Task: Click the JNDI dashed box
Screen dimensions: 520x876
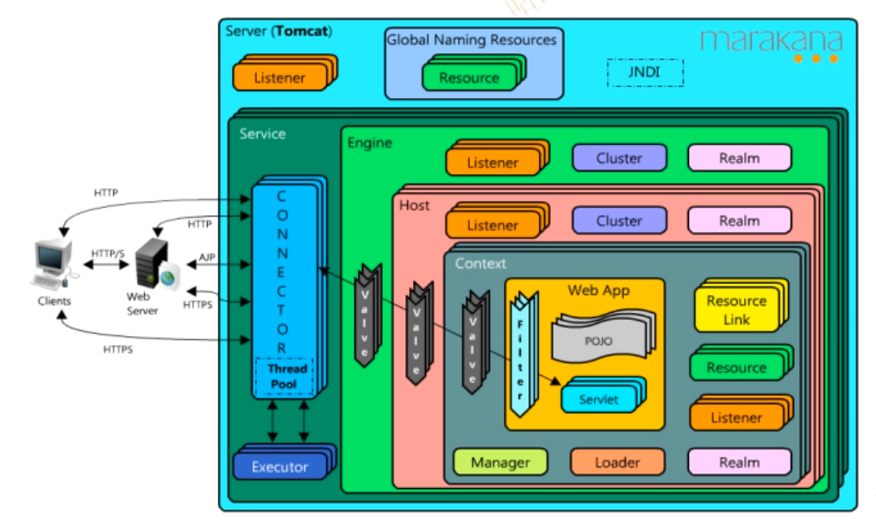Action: (x=645, y=72)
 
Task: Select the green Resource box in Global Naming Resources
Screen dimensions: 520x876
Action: (x=469, y=78)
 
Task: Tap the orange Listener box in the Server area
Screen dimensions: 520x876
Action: (x=279, y=78)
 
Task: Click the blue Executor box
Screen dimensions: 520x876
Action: (x=279, y=467)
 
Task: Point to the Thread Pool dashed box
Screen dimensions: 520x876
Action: (x=282, y=376)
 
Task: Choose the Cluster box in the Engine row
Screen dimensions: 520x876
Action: (x=619, y=158)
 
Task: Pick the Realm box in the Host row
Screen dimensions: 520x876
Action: (x=739, y=221)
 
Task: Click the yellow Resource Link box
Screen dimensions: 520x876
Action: (x=735, y=310)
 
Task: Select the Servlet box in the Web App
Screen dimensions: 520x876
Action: (x=598, y=398)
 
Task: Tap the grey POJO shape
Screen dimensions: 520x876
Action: (x=598, y=341)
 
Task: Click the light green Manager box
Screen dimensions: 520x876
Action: (x=500, y=463)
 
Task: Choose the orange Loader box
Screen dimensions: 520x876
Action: (x=617, y=463)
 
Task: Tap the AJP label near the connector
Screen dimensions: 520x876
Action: (x=207, y=258)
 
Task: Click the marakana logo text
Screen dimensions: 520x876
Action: (x=770, y=40)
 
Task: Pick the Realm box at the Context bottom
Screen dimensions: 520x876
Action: (x=739, y=463)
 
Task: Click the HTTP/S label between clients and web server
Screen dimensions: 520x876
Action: (x=107, y=254)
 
